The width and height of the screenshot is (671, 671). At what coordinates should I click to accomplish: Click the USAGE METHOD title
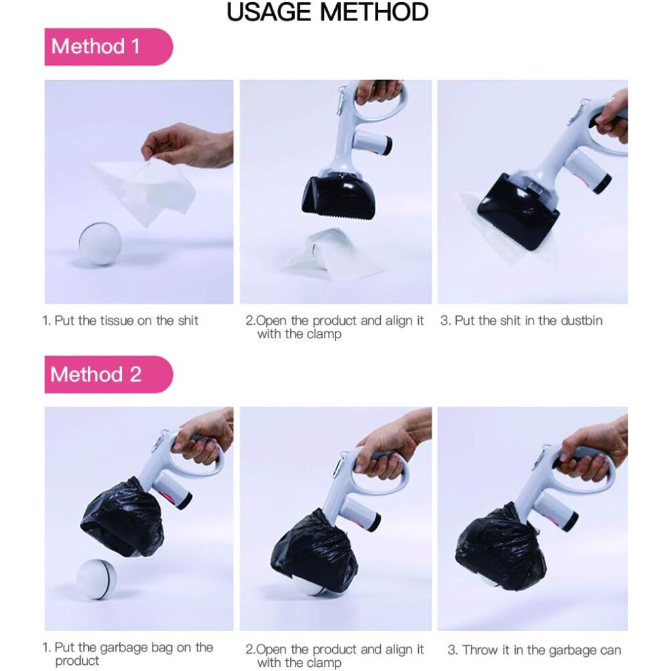pyautogui.click(x=327, y=12)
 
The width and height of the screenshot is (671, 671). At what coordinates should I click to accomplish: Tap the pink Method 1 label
pyautogui.click(x=108, y=47)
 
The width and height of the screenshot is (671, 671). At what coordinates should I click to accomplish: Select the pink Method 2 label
pyautogui.click(x=108, y=374)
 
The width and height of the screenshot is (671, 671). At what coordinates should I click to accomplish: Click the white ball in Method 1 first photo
pyautogui.click(x=100, y=243)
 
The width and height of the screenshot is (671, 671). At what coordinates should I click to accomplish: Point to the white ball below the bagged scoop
pyautogui.click(x=97, y=579)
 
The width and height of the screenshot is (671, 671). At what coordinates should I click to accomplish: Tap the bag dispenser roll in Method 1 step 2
pyautogui.click(x=371, y=144)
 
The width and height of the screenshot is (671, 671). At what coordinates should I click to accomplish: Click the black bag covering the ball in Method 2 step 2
pyautogui.click(x=314, y=550)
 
